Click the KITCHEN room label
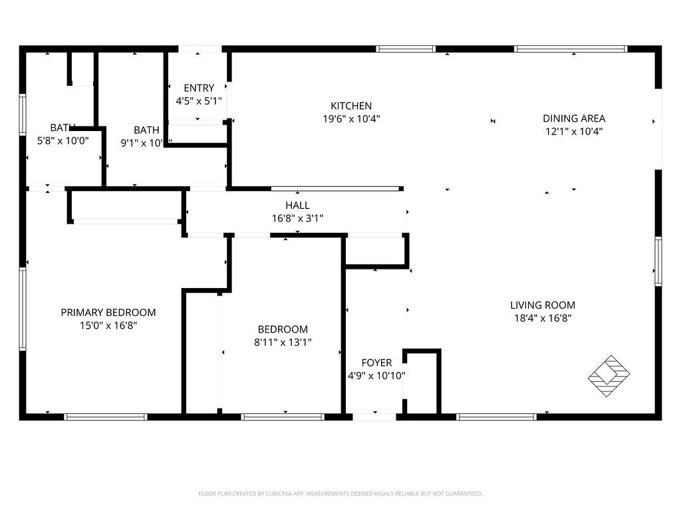pos(351,106)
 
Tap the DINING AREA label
pos(574,118)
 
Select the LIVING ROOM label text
pos(543,305)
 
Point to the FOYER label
pos(376,363)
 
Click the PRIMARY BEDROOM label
pos(108,313)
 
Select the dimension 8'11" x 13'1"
pos(283,343)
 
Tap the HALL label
pos(297,206)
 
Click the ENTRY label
pos(199,88)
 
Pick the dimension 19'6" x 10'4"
pos(351,119)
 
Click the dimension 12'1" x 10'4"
pos(574,132)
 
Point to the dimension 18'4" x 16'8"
pos(543,318)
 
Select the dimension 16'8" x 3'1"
pos(297,218)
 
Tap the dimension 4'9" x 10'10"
pos(376,375)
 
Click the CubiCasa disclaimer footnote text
pos(340,494)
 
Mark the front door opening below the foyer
pos(374,417)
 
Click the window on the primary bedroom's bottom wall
pos(106,417)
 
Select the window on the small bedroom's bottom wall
pos(283,417)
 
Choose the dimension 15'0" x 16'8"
pos(108,325)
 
